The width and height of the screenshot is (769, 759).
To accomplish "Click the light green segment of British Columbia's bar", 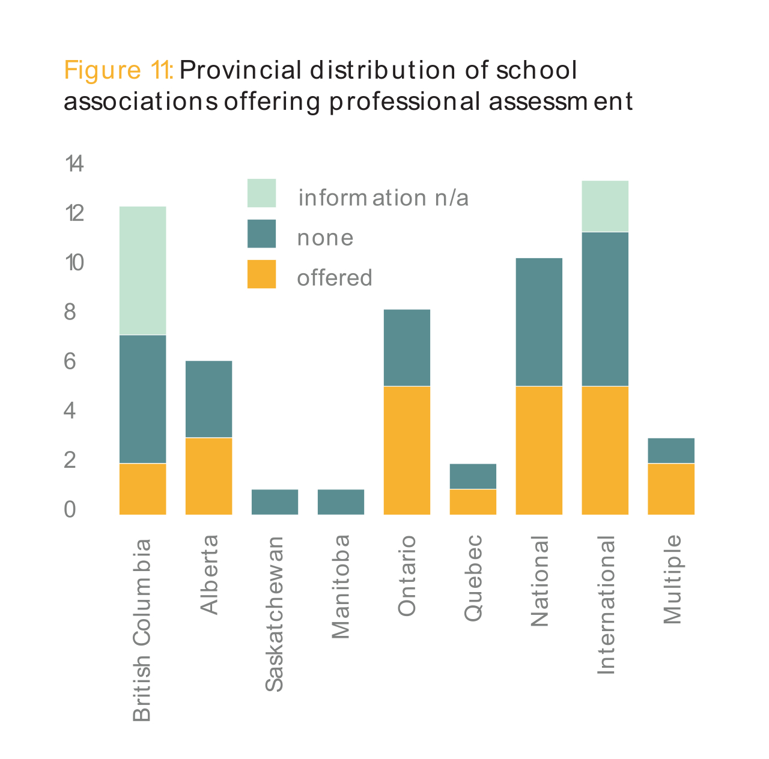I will pos(142,270).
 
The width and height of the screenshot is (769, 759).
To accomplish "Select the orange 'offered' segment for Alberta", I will pos(208,476).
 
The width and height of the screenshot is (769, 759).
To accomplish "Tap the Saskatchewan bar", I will pos(275,502).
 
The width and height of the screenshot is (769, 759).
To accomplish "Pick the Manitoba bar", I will pos(341,502).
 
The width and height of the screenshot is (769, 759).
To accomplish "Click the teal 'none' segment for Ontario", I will pos(407,348).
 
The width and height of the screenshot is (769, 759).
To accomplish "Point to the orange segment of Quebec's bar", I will pos(473,502).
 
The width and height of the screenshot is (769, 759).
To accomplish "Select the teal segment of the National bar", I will pos(539,322).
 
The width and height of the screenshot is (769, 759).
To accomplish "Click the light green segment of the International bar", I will pos(605,206).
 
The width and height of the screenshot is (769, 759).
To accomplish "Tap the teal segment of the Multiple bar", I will pos(671,450).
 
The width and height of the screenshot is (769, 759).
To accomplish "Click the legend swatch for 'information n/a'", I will pos(261,193).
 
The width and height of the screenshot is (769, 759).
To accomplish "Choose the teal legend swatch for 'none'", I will pos(261,234).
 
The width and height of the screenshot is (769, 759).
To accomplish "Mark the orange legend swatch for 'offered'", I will pos(261,274).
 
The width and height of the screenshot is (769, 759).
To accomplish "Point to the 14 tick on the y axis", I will pos(74,163).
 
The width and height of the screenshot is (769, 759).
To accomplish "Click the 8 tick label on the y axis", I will pos(70,312).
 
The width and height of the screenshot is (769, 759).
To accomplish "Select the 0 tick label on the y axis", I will pos(70,510).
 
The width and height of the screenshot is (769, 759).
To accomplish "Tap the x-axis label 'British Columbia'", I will pos(142,630).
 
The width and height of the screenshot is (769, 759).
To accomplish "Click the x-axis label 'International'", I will pos(606,605).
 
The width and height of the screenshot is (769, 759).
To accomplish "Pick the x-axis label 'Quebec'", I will pos(473,578).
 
